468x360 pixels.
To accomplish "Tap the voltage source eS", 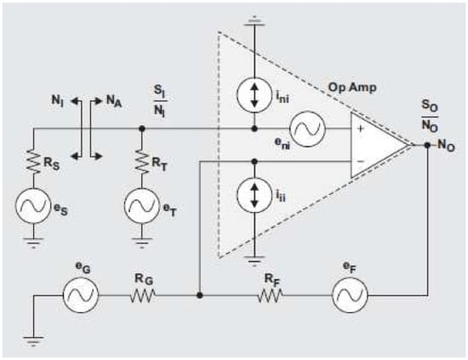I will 33,205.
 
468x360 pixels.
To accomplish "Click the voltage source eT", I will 141,205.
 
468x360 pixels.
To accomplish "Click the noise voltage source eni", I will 304,129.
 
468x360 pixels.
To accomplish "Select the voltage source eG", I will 83,296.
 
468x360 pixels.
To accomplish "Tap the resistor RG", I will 141,296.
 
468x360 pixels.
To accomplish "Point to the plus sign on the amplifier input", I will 361,129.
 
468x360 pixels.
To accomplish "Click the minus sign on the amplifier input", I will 361,160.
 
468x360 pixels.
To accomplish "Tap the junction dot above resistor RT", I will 141,129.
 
